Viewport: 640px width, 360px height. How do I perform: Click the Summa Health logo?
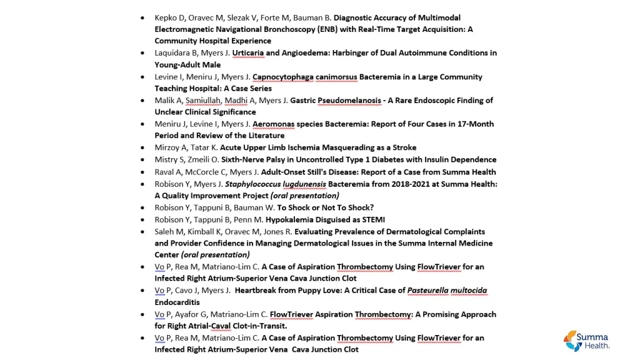(587, 341)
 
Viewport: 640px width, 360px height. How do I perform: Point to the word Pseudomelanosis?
(349, 101)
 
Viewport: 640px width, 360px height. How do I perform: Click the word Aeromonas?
(273, 124)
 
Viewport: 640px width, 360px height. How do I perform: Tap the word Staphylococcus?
(252, 184)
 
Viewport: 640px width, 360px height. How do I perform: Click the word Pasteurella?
(428, 291)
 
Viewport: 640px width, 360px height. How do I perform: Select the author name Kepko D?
(169, 17)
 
